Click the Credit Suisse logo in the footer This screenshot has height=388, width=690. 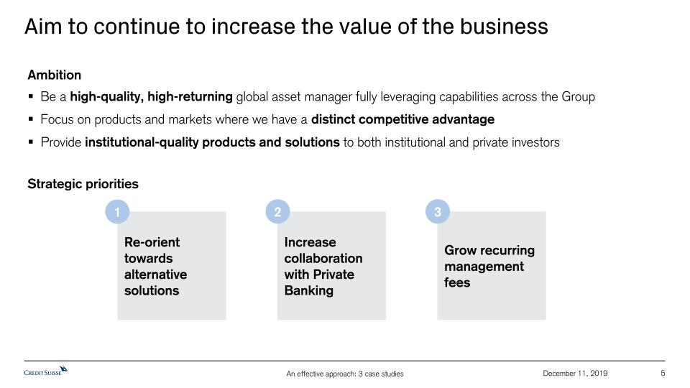pos(46,371)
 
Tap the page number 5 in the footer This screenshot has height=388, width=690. pos(663,373)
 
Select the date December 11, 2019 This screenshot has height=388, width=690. pos(575,373)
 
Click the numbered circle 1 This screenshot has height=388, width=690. pos(117,211)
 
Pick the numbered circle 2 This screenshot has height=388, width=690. pos(277,211)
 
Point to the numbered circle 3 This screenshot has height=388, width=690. pos(438,211)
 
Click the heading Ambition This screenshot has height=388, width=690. pos(54,75)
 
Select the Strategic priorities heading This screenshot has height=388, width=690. pos(83,184)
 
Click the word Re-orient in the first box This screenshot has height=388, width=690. pos(152,242)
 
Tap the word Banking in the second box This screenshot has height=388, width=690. pos(309,291)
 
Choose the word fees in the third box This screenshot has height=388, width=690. pos(457,282)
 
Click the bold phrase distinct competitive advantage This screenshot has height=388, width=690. pos(402,119)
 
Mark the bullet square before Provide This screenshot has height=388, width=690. pos(30,142)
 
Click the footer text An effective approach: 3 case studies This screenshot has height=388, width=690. pos(344,374)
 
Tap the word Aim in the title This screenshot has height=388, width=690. pos(43,27)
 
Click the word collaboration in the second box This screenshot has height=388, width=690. pos(323,258)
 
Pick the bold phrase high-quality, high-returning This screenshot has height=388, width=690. pos(151,97)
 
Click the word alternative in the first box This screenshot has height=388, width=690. pos(155,274)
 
